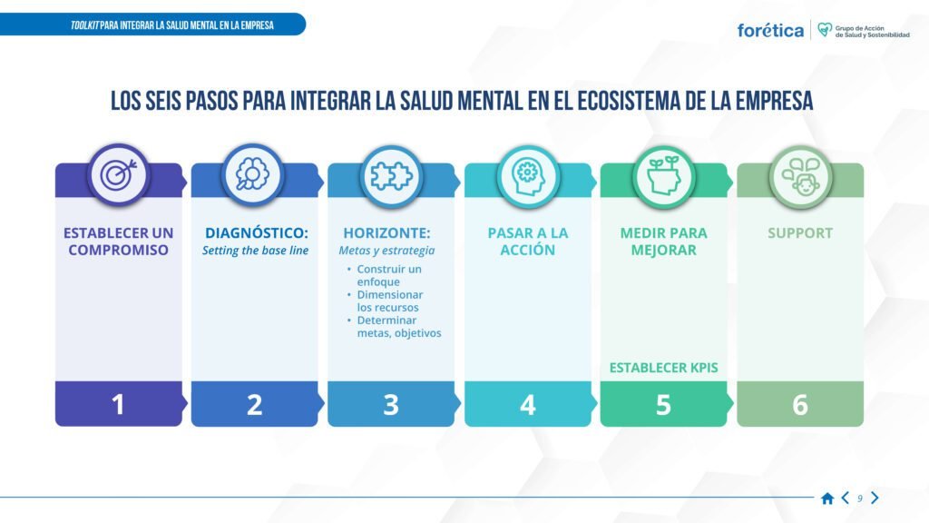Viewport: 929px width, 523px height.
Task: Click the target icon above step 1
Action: (x=119, y=175)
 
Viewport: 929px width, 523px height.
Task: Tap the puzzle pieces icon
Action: (x=391, y=176)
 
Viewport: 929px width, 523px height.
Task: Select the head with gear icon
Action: (x=527, y=176)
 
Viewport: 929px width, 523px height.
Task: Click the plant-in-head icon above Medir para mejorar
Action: (x=663, y=175)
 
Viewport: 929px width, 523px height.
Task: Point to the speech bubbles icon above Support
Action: (x=800, y=177)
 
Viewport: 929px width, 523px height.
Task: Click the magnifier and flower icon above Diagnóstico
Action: (x=252, y=174)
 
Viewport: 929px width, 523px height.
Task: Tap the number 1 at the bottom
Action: (x=118, y=404)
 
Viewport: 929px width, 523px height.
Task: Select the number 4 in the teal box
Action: (x=527, y=405)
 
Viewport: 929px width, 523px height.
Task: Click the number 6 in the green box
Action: (x=800, y=405)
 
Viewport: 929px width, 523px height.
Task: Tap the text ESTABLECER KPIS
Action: (x=663, y=368)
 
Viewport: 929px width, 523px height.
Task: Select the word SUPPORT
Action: (x=800, y=233)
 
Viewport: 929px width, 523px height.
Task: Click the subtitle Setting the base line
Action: (x=255, y=251)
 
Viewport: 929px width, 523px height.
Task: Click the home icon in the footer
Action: (x=827, y=498)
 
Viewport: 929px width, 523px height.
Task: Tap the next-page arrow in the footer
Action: (x=875, y=498)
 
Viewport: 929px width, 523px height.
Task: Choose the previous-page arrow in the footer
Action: (x=846, y=498)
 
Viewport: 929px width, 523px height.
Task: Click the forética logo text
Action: (x=770, y=30)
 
